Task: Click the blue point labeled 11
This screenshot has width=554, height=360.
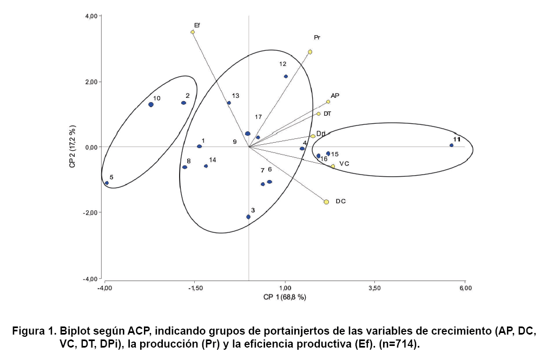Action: click(x=451, y=145)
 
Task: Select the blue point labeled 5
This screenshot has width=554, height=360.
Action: click(x=107, y=183)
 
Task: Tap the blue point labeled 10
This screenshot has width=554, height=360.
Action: click(x=151, y=104)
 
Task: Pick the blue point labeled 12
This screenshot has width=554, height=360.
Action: click(x=286, y=76)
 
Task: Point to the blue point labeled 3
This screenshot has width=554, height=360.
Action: click(x=248, y=217)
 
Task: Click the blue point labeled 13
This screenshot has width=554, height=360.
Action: click(x=229, y=103)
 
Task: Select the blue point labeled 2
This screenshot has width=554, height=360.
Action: click(x=183, y=103)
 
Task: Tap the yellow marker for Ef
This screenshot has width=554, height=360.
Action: click(x=193, y=32)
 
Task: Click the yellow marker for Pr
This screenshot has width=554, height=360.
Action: click(x=310, y=52)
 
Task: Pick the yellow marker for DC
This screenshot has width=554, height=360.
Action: click(x=326, y=202)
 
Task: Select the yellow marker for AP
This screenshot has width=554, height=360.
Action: click(x=328, y=102)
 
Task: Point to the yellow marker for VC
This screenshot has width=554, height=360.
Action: click(x=333, y=166)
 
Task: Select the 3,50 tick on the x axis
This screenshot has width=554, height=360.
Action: click(x=374, y=288)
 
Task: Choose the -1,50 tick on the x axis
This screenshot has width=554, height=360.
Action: click(x=195, y=288)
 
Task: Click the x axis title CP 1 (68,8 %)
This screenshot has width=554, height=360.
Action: click(x=285, y=297)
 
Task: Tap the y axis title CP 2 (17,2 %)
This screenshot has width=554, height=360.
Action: click(x=72, y=146)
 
